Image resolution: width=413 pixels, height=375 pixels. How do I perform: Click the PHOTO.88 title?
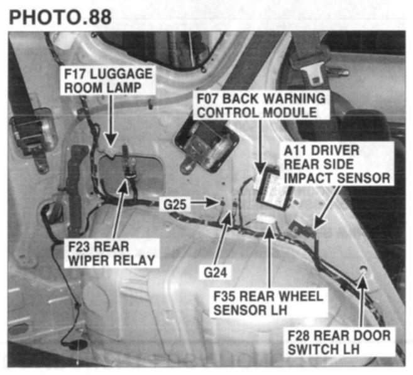point(60,18)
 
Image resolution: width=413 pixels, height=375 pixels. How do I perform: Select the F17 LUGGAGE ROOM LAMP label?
point(108,80)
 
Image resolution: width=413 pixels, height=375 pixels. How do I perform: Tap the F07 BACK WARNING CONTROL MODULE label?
point(261,106)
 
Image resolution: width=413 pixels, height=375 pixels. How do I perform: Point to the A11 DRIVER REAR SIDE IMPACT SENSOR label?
point(337,164)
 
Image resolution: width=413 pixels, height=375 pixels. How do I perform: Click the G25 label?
point(175,205)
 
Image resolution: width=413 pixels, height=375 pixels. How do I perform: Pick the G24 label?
point(215,273)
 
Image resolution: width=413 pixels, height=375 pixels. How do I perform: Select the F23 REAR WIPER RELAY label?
point(112,253)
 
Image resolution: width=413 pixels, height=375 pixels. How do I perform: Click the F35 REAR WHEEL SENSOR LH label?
point(268,303)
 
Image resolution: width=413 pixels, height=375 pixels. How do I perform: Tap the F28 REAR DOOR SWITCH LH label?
point(339,342)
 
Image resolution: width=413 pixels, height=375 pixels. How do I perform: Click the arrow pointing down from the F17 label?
point(111,121)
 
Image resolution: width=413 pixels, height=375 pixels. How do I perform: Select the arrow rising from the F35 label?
point(269,256)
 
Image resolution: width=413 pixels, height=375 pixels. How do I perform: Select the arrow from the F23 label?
point(120,209)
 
